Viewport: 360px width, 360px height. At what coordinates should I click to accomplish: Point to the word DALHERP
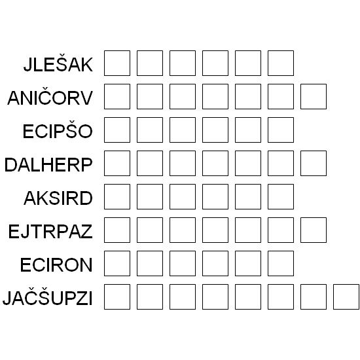(x=48, y=164)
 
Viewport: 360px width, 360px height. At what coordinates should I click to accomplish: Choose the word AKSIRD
(x=58, y=198)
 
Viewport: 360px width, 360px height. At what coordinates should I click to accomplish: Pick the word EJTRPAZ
(x=50, y=232)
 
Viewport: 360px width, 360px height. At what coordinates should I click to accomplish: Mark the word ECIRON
(x=56, y=264)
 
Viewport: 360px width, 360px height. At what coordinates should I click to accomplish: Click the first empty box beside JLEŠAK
(x=117, y=63)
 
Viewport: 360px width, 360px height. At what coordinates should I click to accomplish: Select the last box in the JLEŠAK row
(x=281, y=63)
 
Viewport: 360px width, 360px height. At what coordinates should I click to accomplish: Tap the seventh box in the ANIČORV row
(x=314, y=96)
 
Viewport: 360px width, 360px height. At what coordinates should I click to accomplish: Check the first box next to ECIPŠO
(x=117, y=130)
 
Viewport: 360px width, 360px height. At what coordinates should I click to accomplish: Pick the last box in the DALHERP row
(x=314, y=163)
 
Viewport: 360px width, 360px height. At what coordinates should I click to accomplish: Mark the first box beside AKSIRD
(x=117, y=196)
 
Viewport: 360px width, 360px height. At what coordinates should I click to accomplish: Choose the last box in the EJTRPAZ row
(x=314, y=230)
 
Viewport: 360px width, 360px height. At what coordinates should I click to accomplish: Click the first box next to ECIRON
(x=117, y=263)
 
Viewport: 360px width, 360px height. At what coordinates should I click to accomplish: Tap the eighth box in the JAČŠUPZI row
(x=346, y=297)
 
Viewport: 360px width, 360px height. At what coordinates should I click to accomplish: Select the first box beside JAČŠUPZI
(x=117, y=297)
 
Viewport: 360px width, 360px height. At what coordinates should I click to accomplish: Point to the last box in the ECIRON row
(x=281, y=263)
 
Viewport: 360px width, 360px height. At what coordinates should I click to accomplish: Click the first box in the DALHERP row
(x=117, y=163)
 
